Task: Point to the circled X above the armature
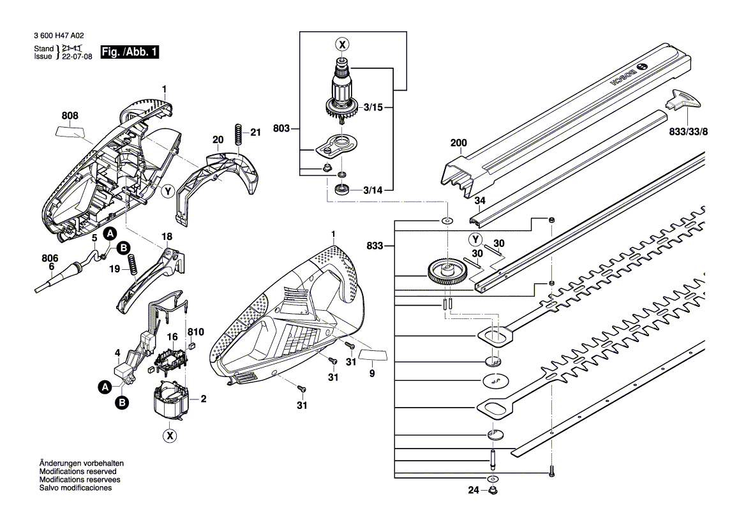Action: (343, 45)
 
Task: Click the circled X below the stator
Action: (169, 436)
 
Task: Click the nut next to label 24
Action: (493, 491)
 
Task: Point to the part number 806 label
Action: (50, 258)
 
